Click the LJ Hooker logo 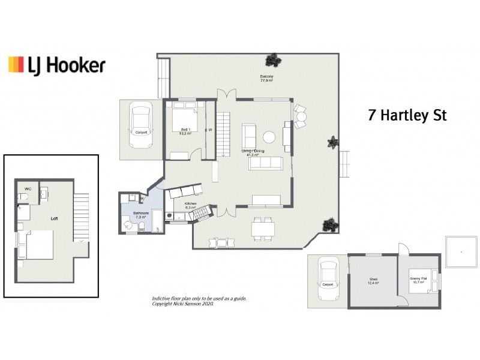click(x=56, y=65)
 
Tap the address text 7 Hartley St click(x=407, y=115)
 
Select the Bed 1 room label click(x=185, y=132)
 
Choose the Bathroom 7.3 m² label click(x=141, y=215)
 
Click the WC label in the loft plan click(x=28, y=190)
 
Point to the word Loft click(x=54, y=219)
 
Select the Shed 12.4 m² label click(x=373, y=281)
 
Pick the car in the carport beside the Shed click(x=328, y=280)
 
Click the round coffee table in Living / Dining click(x=269, y=137)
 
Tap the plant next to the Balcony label click(x=274, y=61)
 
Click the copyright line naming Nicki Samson click(x=182, y=304)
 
